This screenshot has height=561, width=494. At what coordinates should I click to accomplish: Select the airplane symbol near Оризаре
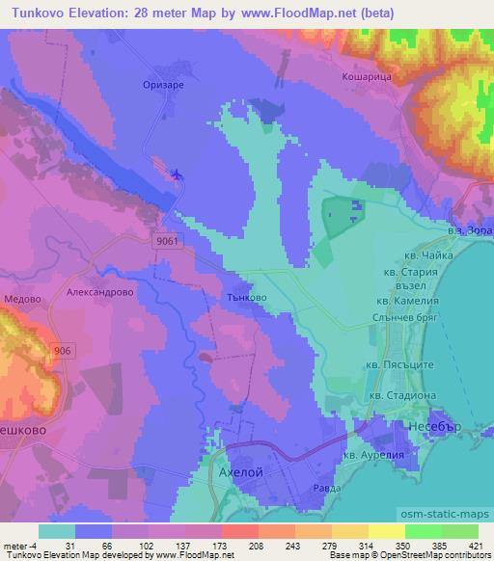pyautogui.click(x=176, y=174)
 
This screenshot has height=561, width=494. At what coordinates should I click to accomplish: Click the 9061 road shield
pyautogui.click(x=165, y=244)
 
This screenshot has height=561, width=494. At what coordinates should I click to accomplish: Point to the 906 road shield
pyautogui.click(x=65, y=352)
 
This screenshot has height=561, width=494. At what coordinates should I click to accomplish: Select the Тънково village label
pyautogui.click(x=245, y=298)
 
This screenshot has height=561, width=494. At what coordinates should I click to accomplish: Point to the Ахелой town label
pyautogui.click(x=235, y=473)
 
